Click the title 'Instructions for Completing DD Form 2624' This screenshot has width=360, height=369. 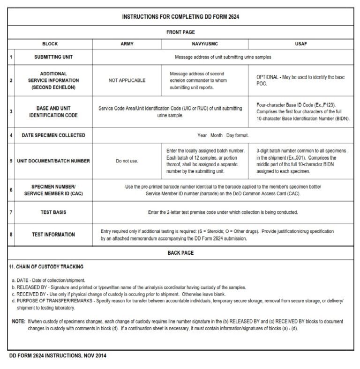[x=181, y=16]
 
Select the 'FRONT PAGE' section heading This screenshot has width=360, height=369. [x=180, y=32]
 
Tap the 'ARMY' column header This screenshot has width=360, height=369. [x=127, y=44]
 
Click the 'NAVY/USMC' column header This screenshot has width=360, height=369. [x=205, y=44]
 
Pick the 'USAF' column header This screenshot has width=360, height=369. [x=301, y=44]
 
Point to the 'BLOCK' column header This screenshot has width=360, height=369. [x=50, y=44]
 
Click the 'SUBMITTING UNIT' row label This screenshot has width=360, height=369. [x=53, y=57]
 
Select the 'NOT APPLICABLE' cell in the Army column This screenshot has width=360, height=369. [x=127, y=81]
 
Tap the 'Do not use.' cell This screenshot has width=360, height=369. [x=127, y=161]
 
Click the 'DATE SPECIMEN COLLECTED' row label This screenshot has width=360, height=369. [x=53, y=135]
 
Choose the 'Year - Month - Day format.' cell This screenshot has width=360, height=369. [x=223, y=135]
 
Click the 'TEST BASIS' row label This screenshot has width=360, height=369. [x=53, y=212]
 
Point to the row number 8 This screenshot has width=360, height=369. [x=11, y=235]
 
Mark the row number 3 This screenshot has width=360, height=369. [x=11, y=111]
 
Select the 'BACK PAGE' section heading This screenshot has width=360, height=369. [x=180, y=253]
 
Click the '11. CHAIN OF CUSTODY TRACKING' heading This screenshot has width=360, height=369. [x=46, y=267]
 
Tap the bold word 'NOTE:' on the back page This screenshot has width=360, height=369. [x=19, y=322]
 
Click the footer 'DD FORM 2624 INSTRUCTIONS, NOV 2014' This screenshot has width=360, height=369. [x=58, y=356]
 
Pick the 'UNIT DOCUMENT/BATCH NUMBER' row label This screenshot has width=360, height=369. [x=53, y=161]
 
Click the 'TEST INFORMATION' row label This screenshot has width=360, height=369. [x=53, y=235]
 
